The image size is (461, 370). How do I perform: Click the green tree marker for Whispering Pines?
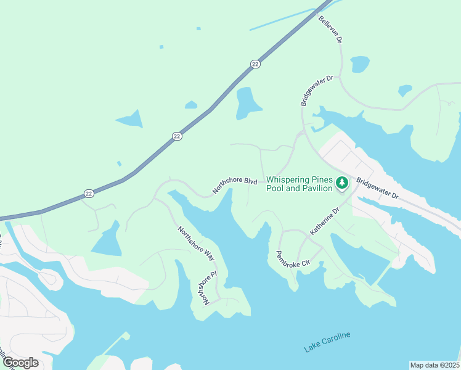coord(342,183)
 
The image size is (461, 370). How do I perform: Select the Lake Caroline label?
coord(327,342)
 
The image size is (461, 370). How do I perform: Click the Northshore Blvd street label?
coord(234,186)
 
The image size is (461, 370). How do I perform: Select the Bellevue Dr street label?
coord(330,29)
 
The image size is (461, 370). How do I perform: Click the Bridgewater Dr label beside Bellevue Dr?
coord(317,91)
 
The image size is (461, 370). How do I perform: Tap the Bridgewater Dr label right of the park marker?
coord(378,189)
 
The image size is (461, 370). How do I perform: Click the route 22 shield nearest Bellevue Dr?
coord(255,64)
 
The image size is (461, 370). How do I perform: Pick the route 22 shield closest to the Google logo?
coord(89,193)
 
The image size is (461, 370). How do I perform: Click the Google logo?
coord(20,362)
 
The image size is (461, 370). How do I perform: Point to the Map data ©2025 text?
coord(434,364)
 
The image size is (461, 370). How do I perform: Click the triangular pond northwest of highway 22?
coord(130,119)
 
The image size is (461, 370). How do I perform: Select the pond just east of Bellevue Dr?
coord(360,64)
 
